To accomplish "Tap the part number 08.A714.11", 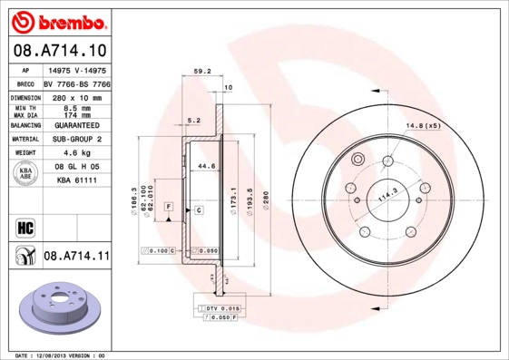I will click(x=76, y=257).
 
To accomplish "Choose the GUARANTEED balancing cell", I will click(x=75, y=124).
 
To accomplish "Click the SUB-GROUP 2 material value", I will click(x=75, y=139).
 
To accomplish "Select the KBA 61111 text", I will click(x=75, y=182).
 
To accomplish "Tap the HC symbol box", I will click(x=24, y=227).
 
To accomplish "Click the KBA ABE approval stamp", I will click(x=25, y=174).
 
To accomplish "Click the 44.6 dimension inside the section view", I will click(x=206, y=166).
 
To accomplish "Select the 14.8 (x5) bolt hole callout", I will click(x=423, y=124).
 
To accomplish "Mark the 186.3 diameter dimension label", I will click(x=134, y=197).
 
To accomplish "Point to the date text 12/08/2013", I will click(x=58, y=355).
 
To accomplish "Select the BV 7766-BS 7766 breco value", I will click(x=75, y=81).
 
